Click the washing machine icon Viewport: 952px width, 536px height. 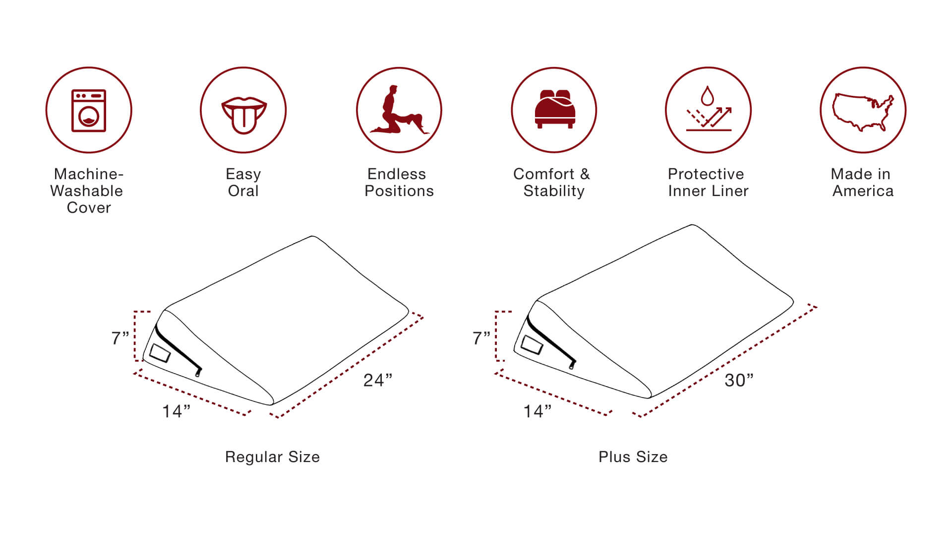coord(89,110)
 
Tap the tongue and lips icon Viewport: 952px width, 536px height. coord(243,115)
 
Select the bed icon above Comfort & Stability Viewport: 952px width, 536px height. coord(554,109)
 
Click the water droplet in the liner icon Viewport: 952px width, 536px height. coord(708,95)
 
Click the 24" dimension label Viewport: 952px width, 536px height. coord(378,380)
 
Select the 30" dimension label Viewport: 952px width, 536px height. coord(739,380)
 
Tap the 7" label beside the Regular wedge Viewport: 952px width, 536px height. coord(120,338)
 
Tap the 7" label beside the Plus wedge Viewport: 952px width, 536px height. coord(481,338)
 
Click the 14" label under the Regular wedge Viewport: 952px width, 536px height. coord(176,411)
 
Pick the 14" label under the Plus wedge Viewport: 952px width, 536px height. coord(537,411)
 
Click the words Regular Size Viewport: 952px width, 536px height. coord(272,457)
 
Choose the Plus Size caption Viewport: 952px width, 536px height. coord(633,457)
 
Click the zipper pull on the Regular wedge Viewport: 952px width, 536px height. coord(198,372)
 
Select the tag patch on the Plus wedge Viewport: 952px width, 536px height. coord(532,344)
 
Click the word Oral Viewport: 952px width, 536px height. coord(243,191)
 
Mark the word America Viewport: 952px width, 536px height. coord(863,191)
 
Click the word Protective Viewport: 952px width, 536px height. coord(706,174)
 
